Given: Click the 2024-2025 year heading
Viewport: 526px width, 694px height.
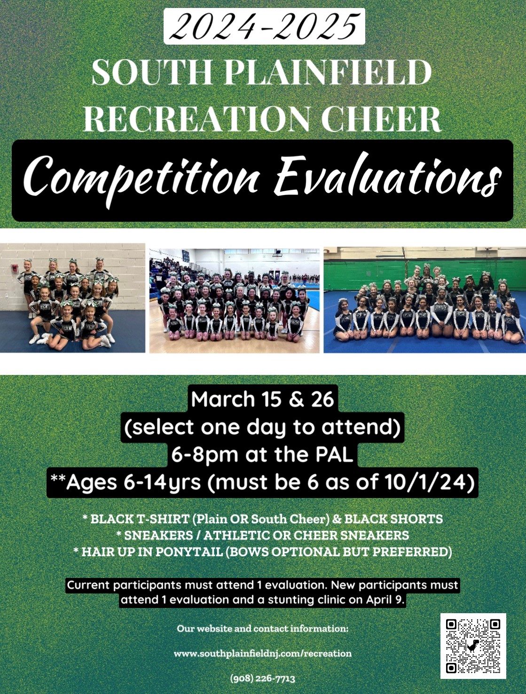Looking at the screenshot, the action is [x=264, y=26].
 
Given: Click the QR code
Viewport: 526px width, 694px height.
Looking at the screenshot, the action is [x=473, y=646].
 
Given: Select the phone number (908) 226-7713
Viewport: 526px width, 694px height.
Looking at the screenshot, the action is [x=262, y=678].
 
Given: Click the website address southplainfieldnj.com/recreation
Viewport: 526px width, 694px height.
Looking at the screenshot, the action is [x=262, y=654].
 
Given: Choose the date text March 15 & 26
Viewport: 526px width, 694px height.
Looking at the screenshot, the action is [x=262, y=399].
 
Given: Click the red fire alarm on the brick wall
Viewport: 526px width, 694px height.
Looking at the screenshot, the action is [x=14, y=269].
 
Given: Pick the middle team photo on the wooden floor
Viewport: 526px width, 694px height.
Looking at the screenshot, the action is [x=235, y=301].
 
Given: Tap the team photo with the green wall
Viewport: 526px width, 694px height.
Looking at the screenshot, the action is [x=425, y=299].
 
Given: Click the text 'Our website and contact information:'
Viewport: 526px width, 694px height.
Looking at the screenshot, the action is [x=262, y=628].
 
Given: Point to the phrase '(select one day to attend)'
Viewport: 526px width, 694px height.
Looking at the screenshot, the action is [x=262, y=427].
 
